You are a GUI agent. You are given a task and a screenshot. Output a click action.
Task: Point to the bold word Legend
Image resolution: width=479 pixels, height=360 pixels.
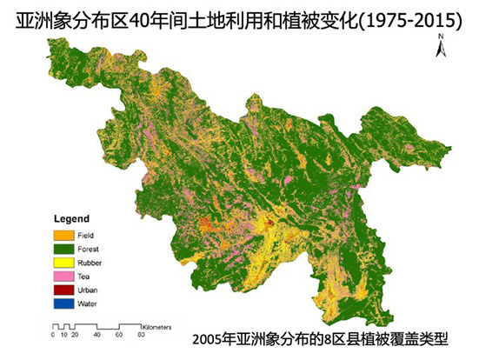[71, 217]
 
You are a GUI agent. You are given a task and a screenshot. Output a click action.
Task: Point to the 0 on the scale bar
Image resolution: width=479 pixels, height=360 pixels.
[53, 335]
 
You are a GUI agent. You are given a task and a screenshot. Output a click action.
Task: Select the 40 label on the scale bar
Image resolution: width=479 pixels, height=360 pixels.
[96, 335]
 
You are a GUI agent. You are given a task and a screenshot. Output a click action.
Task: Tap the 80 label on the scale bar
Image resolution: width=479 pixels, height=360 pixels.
[140, 335]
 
